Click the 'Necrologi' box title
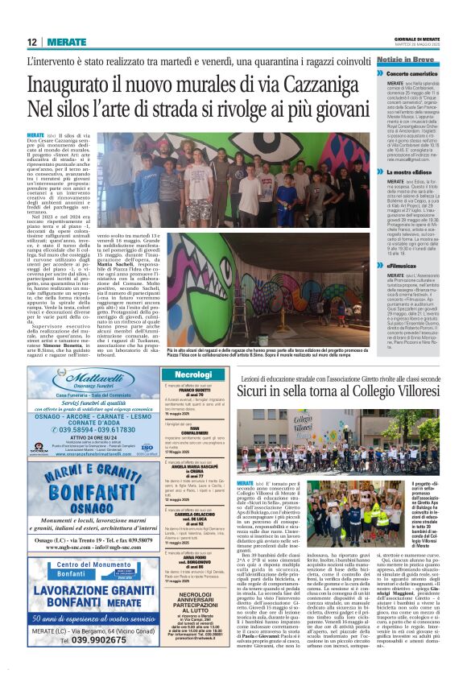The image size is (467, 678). [192, 375]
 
